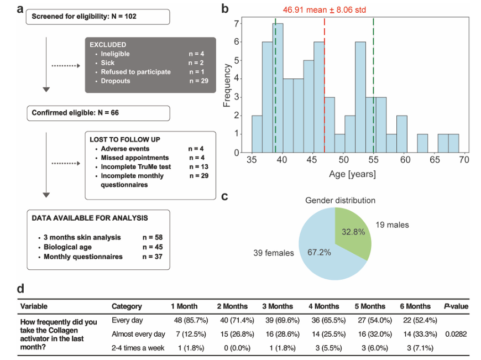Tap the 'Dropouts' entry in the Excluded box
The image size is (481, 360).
click(x=116, y=81)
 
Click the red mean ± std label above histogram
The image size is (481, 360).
click(x=325, y=10)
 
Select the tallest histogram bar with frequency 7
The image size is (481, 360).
click(x=278, y=88)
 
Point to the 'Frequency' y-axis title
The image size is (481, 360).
click(x=227, y=85)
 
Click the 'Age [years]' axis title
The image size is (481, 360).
click(x=352, y=174)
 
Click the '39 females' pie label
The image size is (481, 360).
click(x=274, y=253)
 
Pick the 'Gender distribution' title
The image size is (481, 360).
click(x=340, y=200)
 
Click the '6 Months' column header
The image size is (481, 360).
click(x=415, y=306)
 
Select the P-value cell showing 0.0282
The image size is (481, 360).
click(x=456, y=334)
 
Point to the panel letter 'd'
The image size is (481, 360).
click(x=20, y=289)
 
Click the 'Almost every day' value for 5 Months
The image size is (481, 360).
click(x=370, y=334)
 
